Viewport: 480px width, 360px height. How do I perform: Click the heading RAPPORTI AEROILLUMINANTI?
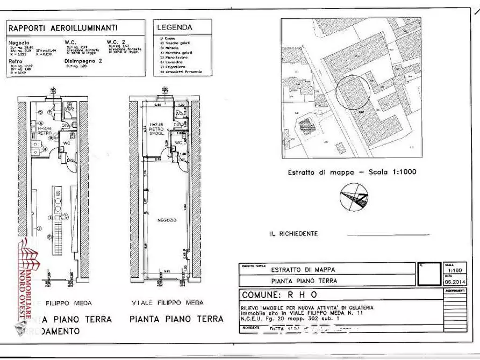tap(63, 28)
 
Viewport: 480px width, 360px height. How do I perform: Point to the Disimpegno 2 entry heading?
tap(83, 61)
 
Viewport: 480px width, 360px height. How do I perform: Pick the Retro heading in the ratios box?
tap(15, 61)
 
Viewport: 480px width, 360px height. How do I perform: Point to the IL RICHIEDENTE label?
tap(293, 234)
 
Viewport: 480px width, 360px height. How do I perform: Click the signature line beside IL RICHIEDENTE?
tap(388, 235)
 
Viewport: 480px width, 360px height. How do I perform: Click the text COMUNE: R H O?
tap(280, 295)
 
